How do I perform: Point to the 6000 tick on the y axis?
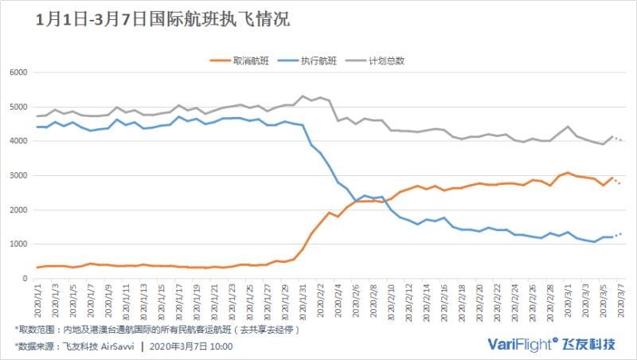coord(18,72)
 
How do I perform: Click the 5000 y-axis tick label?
coord(18,107)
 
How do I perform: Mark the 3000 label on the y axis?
coord(18,175)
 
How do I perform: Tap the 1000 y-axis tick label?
coord(18,244)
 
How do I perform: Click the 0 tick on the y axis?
coord(25,278)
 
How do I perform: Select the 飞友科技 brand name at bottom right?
coord(589,344)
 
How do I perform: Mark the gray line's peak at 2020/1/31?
coord(303,96)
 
